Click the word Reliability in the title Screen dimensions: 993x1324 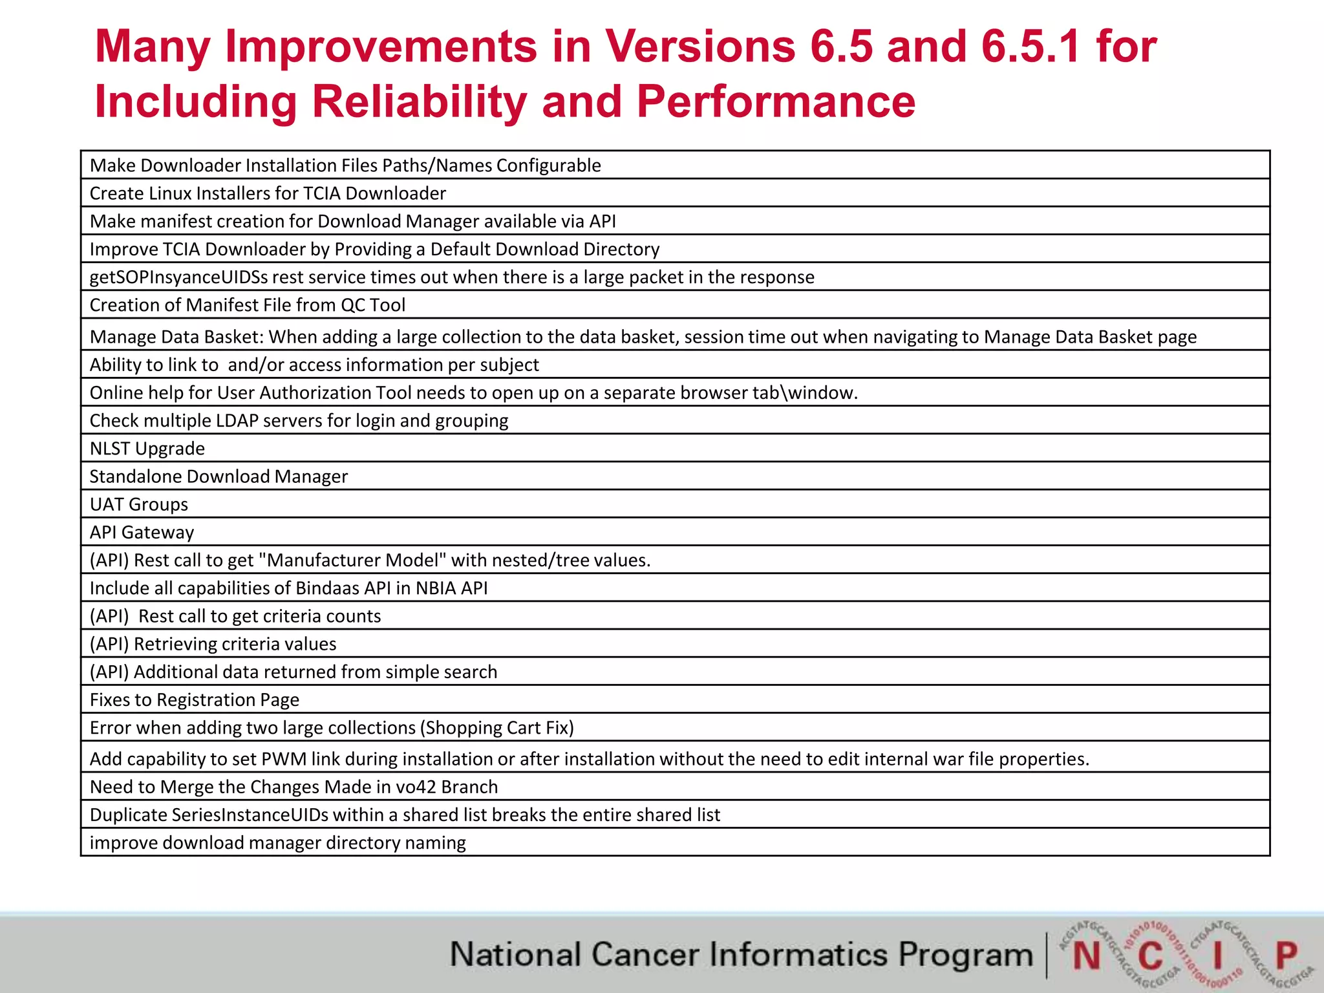[419, 102]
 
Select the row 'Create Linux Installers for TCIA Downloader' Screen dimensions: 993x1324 [268, 193]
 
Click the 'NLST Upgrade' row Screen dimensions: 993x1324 [147, 449]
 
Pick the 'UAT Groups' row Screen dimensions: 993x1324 [139, 504]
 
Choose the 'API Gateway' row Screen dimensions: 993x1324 [142, 532]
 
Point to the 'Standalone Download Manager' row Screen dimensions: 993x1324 [219, 476]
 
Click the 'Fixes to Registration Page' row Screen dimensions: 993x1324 [195, 699]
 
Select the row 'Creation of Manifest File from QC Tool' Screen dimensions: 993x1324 [248, 305]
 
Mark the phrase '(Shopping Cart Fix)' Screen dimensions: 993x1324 [496, 728]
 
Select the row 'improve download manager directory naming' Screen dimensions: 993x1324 [278, 843]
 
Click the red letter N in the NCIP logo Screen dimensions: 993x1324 [1086, 956]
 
